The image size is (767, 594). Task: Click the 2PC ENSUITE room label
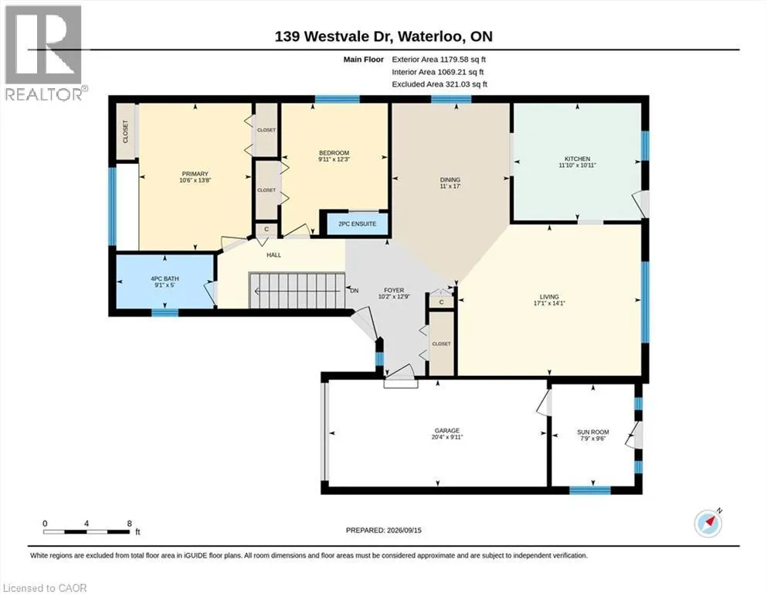357,224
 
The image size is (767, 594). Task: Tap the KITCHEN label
577,159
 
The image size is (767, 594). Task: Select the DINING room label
450,179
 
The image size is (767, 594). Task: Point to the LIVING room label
549,297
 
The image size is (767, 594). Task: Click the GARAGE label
446,431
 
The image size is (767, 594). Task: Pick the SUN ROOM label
593,432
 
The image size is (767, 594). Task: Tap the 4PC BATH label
165,278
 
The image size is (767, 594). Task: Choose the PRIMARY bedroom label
195,174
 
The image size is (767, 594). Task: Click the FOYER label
394,290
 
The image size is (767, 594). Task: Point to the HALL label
274,254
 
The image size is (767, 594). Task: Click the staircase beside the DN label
297,291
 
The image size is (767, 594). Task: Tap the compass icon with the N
708,523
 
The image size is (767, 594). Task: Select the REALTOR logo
44,53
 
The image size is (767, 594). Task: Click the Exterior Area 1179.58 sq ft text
439,60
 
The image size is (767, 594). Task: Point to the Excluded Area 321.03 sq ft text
439,84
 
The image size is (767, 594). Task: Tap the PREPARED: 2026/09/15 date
383,530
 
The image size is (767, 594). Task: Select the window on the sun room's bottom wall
590,490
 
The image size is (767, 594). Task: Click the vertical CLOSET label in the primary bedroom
125,131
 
